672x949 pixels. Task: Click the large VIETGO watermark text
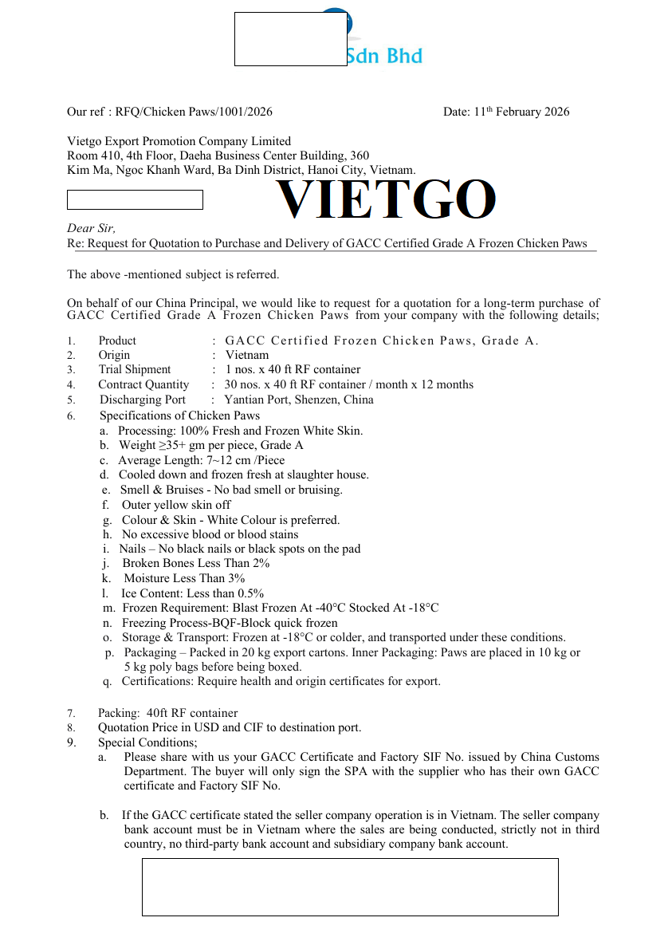(386, 199)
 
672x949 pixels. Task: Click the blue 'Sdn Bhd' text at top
(384, 56)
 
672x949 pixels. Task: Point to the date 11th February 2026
(506, 112)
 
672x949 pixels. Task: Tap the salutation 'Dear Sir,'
(92, 228)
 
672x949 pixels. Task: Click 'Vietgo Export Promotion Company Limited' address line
(179, 141)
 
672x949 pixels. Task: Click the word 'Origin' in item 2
(114, 355)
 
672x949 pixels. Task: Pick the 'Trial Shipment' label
(134, 369)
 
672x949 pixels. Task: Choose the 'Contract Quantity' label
(143, 384)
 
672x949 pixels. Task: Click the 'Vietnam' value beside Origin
(247, 355)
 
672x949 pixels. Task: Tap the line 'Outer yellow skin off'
(176, 505)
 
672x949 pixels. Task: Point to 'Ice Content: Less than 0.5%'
(192, 593)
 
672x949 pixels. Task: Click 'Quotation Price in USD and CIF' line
(230, 727)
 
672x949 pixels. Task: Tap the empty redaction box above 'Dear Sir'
(135, 199)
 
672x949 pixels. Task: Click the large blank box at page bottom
(350, 887)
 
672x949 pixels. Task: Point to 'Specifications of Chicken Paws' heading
(179, 415)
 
